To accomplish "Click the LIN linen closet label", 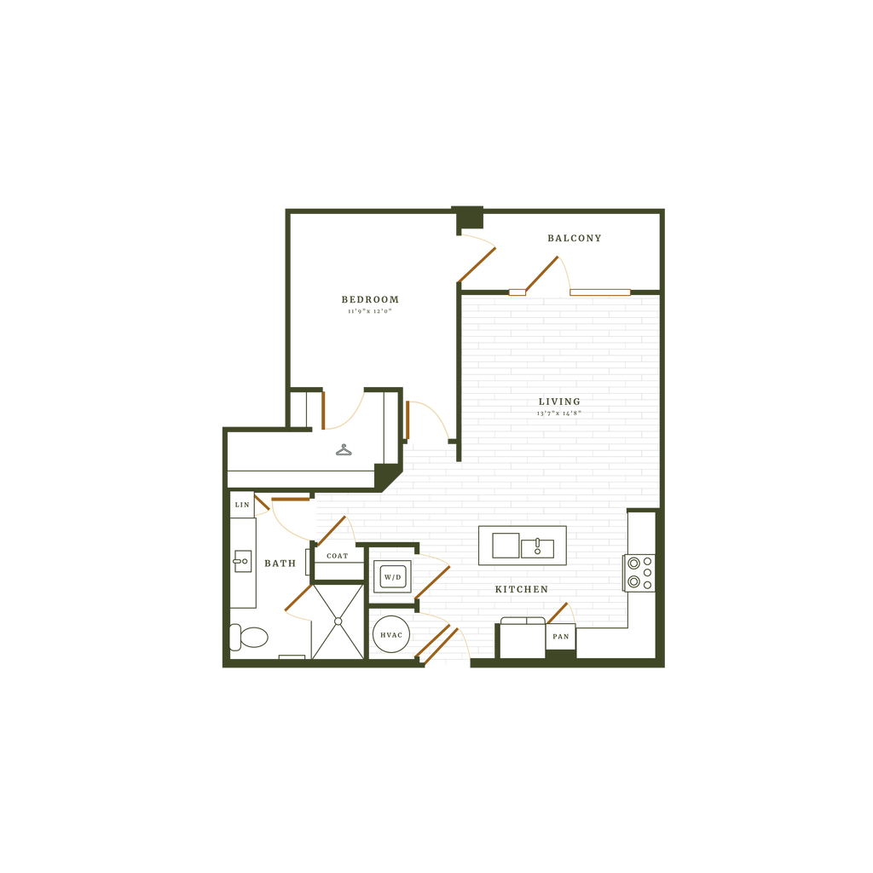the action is coord(243,505).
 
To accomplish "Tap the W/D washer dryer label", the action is coord(392,577).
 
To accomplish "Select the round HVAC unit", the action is coord(391,635).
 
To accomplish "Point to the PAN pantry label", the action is coord(560,637).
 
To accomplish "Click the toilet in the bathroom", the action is coord(248,636).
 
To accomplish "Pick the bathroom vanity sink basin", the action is coord(242,561).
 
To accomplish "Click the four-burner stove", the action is coord(639,573).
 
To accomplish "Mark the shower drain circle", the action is coord(338,622).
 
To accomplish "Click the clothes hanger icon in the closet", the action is coord(344,450).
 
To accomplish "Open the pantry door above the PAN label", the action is coord(558,611).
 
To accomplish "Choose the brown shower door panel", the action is coord(298,598).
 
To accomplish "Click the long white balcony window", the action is coord(600,292).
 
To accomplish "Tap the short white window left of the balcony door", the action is coord(517,292).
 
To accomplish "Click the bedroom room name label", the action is coord(369,300).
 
